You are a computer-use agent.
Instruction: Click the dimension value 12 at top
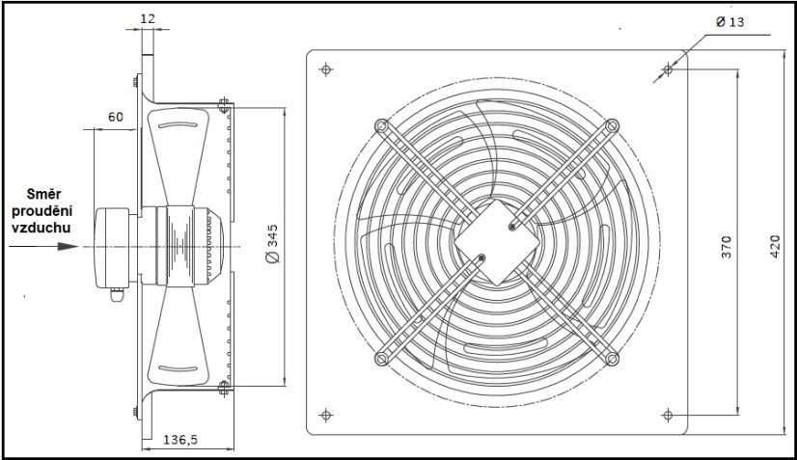click(147, 17)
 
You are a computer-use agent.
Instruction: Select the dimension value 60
click(116, 117)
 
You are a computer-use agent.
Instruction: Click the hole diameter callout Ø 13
click(730, 22)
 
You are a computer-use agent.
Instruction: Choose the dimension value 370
click(728, 247)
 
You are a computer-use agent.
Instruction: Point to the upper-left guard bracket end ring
click(382, 125)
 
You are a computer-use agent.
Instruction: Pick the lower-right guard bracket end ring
click(612, 357)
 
